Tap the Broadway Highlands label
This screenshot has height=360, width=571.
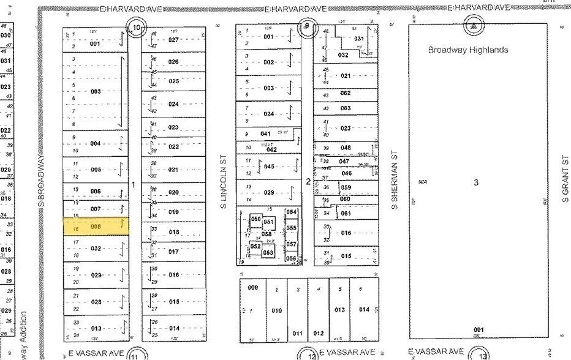[467, 50]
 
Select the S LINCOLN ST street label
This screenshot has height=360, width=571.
[225, 181]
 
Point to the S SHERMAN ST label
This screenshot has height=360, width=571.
[395, 181]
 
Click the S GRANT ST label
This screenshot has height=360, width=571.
[565, 176]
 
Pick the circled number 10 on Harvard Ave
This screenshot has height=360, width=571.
[137, 28]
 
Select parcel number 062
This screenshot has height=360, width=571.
[346, 93]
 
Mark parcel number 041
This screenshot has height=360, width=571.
[265, 133]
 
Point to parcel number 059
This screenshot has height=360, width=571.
[346, 188]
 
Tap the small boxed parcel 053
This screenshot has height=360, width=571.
[268, 252]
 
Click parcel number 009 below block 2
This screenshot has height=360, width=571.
[252, 287]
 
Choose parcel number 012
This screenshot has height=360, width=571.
[319, 333]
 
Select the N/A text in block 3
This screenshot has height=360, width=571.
[422, 182]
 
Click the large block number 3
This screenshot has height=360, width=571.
[475, 182]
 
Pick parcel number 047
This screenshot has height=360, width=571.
[344, 161]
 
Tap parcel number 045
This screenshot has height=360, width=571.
[269, 167]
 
